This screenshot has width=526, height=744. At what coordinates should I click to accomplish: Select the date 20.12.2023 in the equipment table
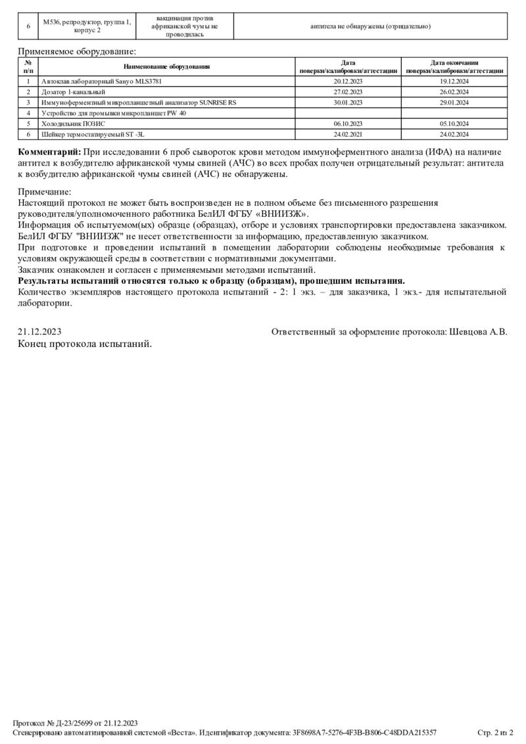click(348, 81)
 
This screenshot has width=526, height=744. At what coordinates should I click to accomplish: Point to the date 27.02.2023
click(348, 92)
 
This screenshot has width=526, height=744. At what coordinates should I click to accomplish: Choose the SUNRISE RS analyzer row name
click(139, 103)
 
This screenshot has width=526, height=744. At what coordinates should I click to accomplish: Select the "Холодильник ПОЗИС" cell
click(73, 124)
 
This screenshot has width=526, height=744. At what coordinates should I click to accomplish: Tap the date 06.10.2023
click(348, 124)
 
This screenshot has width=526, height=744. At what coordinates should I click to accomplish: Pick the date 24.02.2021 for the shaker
click(348, 134)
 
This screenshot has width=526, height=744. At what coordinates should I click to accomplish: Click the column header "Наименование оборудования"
click(166, 66)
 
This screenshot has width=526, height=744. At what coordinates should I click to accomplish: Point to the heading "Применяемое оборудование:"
click(77, 51)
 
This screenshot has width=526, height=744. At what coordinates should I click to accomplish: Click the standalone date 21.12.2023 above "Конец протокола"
click(39, 332)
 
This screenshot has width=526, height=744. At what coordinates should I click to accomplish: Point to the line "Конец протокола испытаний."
click(85, 343)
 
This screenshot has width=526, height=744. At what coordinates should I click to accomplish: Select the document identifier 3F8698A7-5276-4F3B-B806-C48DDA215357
click(364, 732)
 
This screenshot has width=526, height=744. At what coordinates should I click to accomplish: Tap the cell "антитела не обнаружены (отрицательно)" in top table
click(371, 26)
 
